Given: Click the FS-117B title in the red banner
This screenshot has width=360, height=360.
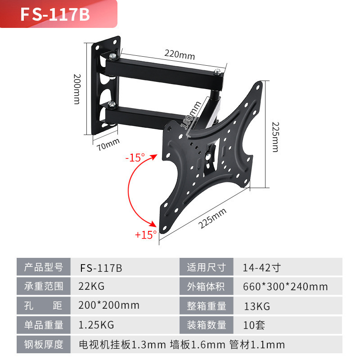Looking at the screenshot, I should [x=55, y=15].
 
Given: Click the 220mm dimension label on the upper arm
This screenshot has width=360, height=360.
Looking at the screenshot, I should [x=179, y=55].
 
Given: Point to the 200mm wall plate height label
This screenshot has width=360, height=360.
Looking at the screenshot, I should [x=76, y=89].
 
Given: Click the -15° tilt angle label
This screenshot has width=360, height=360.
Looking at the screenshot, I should [x=135, y=158].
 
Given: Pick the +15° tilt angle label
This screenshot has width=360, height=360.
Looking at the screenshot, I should [x=145, y=234].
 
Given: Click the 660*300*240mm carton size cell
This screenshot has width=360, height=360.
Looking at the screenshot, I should [x=285, y=286].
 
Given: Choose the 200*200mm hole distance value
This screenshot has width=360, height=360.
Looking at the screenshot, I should [x=108, y=306].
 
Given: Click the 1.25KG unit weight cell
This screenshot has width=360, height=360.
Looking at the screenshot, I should [x=96, y=324].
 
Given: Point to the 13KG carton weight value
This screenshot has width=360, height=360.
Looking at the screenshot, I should [x=256, y=306].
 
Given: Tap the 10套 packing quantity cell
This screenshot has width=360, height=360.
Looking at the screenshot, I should [x=254, y=325].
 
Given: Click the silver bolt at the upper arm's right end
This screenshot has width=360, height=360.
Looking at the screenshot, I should [x=218, y=71].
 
